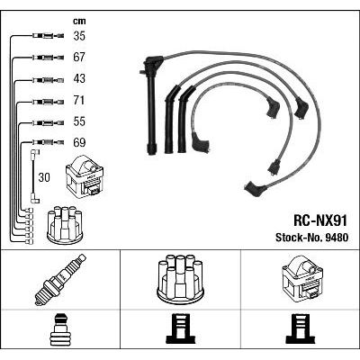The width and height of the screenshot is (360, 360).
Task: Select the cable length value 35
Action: coord(78,38)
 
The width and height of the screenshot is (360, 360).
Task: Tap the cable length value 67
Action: coord(78,58)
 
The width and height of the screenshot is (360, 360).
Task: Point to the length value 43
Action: coord(78,79)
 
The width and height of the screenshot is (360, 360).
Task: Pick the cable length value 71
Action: coord(78,101)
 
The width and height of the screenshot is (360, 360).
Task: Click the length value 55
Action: coord(78,121)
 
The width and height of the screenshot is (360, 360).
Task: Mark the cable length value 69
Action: coord(78,142)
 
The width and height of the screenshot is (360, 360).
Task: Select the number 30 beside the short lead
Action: coord(43,178)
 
